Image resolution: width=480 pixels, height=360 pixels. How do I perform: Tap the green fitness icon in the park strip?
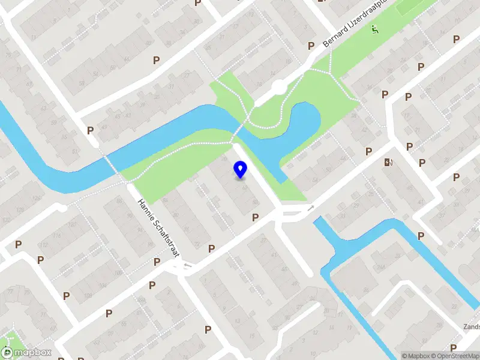click(x=374, y=29)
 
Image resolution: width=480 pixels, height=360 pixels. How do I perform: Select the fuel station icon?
click(x=388, y=162)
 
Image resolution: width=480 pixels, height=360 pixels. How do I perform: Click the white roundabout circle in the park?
click(x=278, y=88)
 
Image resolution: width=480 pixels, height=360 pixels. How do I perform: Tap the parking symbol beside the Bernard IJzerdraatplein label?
click(x=311, y=46)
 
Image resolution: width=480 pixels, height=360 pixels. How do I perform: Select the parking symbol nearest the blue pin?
click(x=255, y=217)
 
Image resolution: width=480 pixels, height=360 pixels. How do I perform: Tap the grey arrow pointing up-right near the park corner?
click(x=310, y=208)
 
